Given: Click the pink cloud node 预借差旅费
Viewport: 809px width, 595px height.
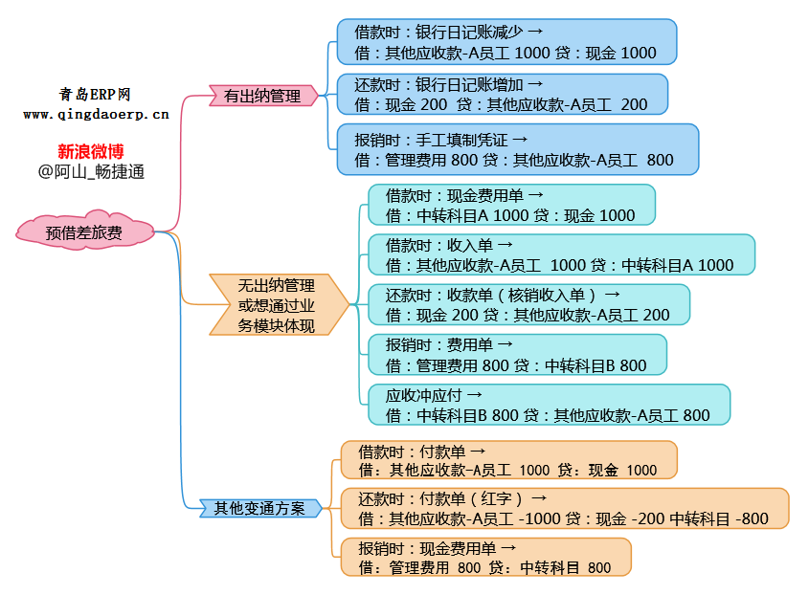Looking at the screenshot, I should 85,232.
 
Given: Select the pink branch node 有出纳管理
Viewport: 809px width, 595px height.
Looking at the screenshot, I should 262,96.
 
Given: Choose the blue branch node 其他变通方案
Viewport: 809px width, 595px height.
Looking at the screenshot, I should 258,508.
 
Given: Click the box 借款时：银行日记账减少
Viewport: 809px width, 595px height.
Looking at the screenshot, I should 506,42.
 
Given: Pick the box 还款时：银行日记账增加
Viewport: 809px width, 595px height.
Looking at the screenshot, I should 502,94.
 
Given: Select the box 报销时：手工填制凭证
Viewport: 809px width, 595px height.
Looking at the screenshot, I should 517,148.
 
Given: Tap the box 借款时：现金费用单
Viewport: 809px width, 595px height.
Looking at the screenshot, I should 511,205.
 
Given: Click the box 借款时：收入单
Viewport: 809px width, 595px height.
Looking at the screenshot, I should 561,254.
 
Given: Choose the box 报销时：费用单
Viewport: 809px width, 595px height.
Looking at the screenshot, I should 517,354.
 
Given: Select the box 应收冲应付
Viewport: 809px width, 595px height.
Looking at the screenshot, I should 549,404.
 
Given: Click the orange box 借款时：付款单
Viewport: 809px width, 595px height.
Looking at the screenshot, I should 508,459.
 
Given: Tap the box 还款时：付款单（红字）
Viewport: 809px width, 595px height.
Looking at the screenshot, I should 564,508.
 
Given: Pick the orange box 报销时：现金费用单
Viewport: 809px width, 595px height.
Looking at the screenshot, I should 486,557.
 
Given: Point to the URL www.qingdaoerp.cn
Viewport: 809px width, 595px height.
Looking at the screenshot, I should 96,114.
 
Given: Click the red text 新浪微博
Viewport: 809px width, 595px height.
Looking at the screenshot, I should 91,151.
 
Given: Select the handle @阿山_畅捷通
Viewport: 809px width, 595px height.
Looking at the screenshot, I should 91,172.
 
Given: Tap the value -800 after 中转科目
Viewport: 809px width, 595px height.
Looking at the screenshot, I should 752,519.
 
